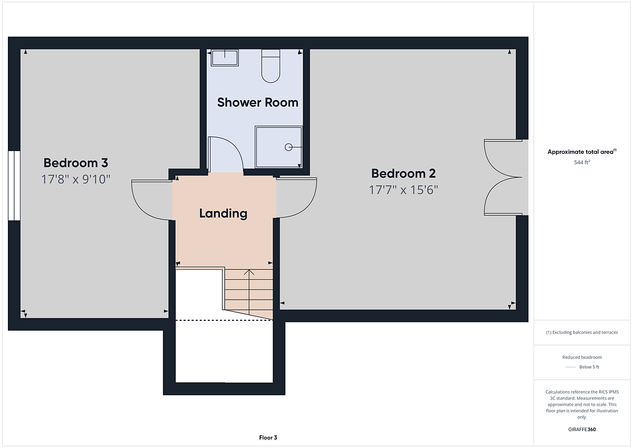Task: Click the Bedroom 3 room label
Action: pyautogui.click(x=76, y=163)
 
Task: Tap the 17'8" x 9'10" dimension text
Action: pyautogui.click(x=76, y=179)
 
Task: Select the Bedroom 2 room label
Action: pyautogui.click(x=403, y=174)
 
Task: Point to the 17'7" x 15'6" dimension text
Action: pyautogui.click(x=403, y=190)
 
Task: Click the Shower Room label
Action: pyautogui.click(x=257, y=102)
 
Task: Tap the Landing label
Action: pyautogui.click(x=223, y=213)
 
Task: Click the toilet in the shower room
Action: pyautogui.click(x=271, y=66)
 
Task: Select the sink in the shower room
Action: pyautogui.click(x=225, y=58)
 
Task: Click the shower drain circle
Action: pyautogui.click(x=289, y=147)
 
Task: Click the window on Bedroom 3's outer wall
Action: pyautogui.click(x=14, y=186)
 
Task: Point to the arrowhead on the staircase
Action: pyautogui.click(x=249, y=272)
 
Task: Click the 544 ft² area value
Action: pyautogui.click(x=582, y=162)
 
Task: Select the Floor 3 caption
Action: pyautogui.click(x=268, y=437)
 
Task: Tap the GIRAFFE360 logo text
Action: pyautogui.click(x=582, y=430)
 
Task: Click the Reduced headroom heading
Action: pyautogui.click(x=582, y=357)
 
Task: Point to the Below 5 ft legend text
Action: pyautogui.click(x=589, y=367)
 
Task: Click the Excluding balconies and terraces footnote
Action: pyautogui.click(x=582, y=332)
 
